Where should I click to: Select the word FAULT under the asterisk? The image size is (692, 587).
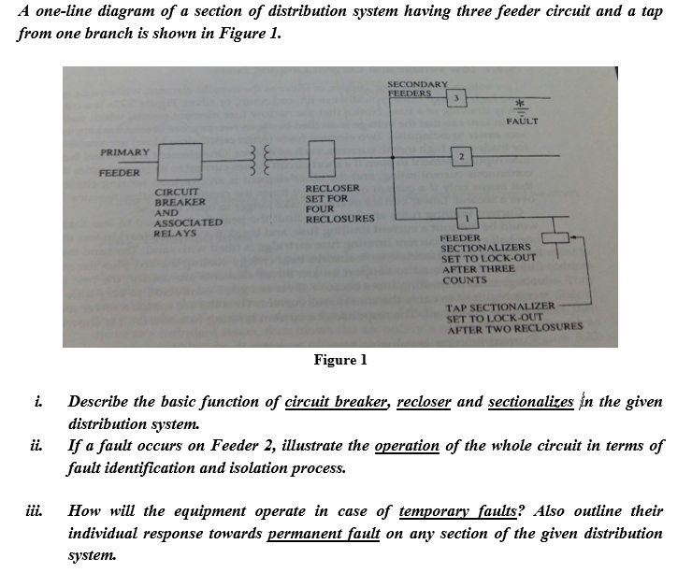522,122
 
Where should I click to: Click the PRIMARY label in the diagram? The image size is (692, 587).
124,151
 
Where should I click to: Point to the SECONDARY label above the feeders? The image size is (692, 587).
418,83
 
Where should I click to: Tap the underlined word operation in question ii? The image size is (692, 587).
406,445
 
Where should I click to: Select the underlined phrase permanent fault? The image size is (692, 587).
324,533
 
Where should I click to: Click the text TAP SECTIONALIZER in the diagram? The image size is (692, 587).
501,308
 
